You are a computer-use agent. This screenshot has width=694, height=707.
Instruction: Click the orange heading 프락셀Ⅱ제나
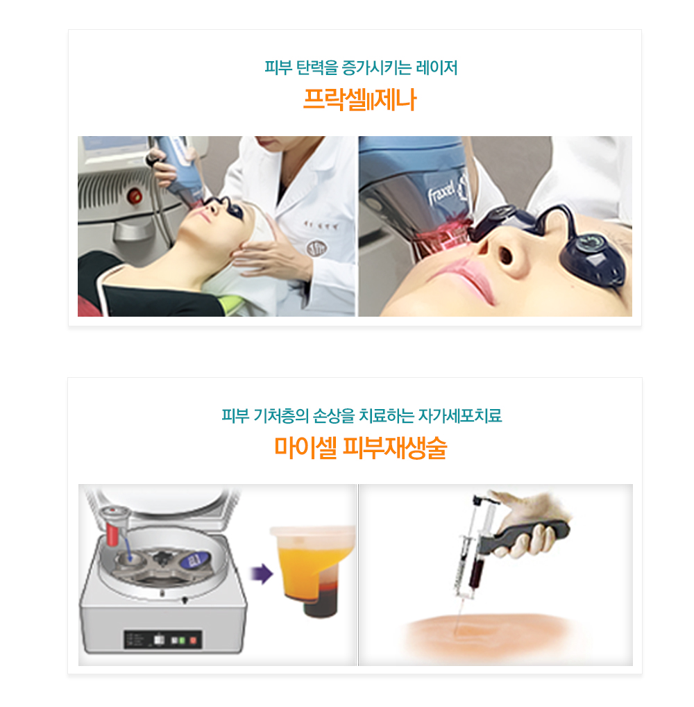359,99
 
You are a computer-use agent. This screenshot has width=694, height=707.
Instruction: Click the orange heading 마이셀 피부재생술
360,448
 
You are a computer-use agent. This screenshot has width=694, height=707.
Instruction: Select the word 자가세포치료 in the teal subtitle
459,415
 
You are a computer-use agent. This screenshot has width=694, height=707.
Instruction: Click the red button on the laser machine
135,196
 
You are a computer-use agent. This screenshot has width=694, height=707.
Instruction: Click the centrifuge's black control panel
162,640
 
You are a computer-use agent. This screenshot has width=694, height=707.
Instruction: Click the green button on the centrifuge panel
182,640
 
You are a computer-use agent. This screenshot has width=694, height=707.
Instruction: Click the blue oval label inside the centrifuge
195,560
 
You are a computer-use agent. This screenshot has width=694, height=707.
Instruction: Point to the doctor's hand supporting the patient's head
271,253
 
